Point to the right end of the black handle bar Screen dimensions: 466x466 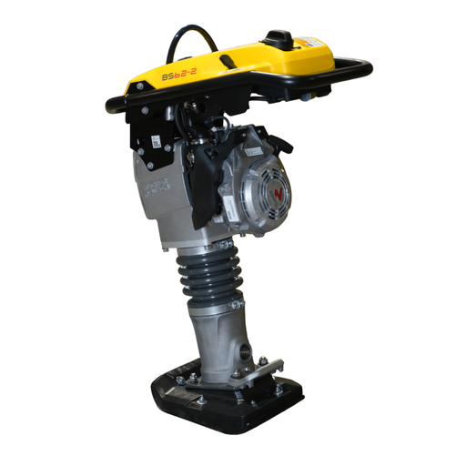pyautogui.click(x=369, y=68)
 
